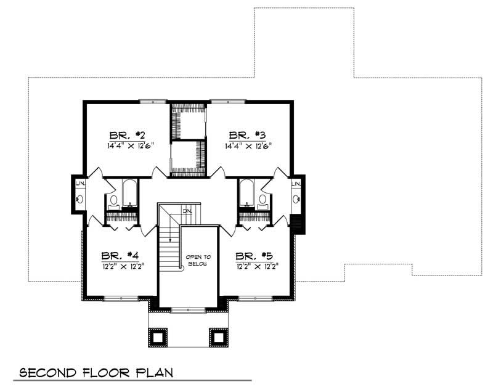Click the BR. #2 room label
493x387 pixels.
[127, 136]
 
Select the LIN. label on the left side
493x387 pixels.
[80, 184]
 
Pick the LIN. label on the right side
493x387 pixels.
[296, 184]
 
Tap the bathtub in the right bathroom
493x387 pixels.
[246, 194]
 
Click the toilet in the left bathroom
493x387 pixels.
[113, 200]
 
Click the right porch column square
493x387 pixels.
[219, 336]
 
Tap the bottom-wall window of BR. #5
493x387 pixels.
[255, 298]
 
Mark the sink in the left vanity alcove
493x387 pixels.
[80, 199]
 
